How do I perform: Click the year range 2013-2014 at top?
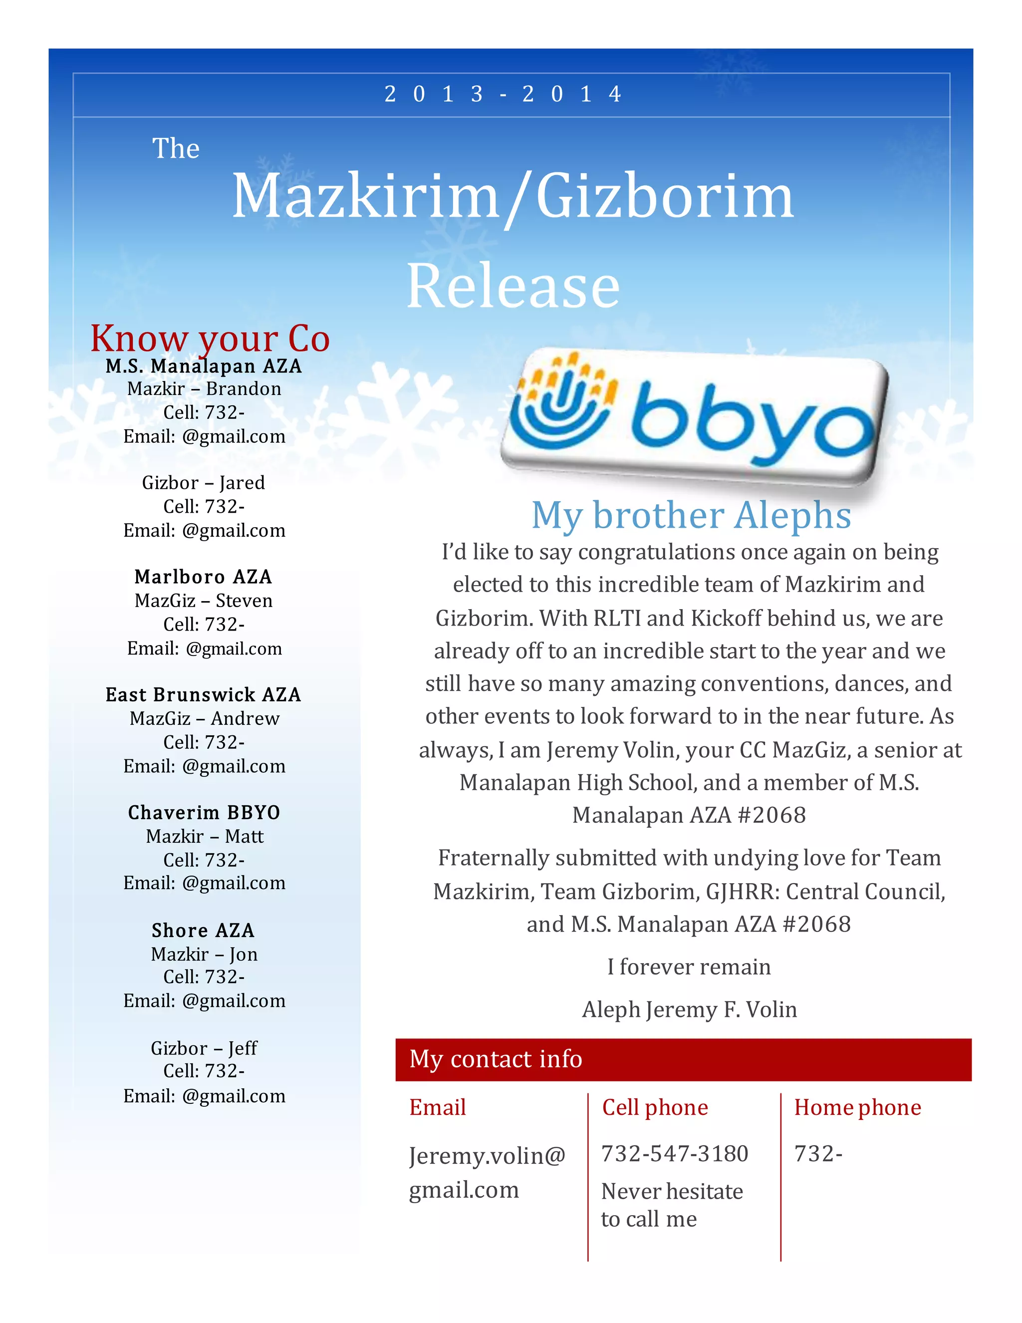click(x=503, y=94)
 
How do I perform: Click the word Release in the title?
click(x=513, y=286)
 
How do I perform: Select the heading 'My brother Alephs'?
click(x=691, y=516)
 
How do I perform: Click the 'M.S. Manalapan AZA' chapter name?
click(x=204, y=366)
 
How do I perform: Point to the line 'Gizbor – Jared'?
click(x=204, y=483)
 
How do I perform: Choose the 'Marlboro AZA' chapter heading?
click(x=204, y=577)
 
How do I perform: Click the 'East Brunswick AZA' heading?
click(x=204, y=694)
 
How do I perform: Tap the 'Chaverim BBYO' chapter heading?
click(x=204, y=812)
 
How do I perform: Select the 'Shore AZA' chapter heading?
click(x=204, y=930)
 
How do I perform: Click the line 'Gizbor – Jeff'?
click(x=204, y=1048)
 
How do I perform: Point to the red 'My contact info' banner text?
click(x=495, y=1059)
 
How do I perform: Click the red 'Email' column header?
click(x=437, y=1107)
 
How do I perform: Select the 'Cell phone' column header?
click(x=655, y=1107)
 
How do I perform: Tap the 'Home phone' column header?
click(x=857, y=1107)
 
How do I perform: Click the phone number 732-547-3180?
click(x=675, y=1154)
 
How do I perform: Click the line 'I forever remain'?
click(x=689, y=967)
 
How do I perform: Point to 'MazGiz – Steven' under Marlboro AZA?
click(x=204, y=600)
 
